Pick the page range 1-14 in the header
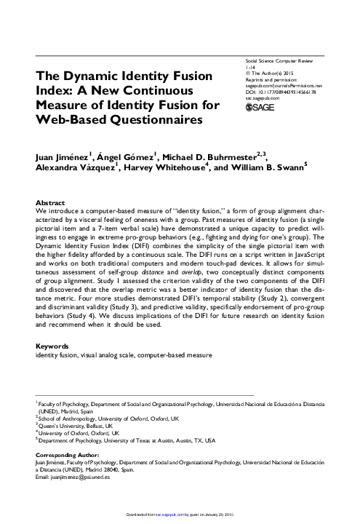click(x=252, y=66)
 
